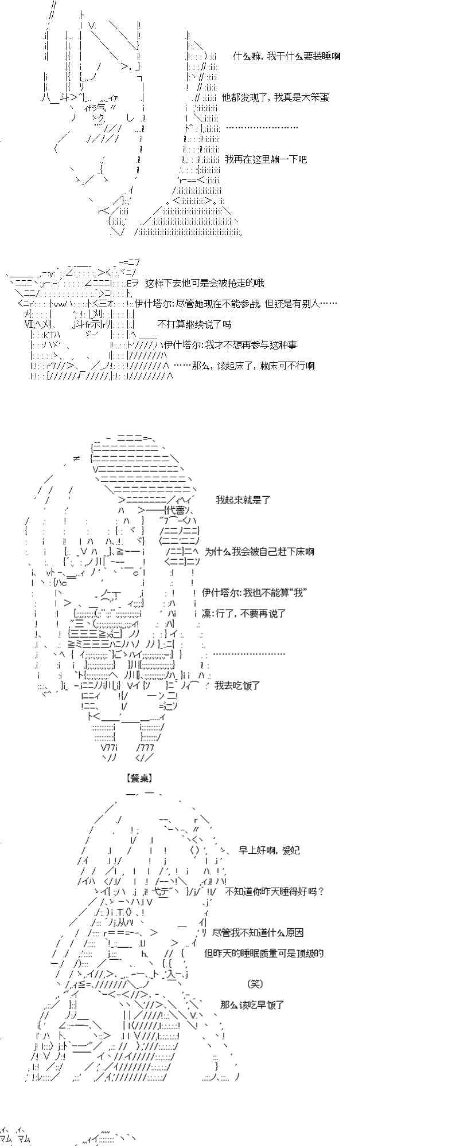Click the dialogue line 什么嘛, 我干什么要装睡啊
click(287, 56)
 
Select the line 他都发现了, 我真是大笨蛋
click(275, 97)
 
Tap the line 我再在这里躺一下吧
click(266, 159)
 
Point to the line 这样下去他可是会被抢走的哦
click(205, 283)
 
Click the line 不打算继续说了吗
click(194, 324)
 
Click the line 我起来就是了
click(243, 500)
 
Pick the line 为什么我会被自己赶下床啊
click(259, 552)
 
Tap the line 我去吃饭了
click(237, 685)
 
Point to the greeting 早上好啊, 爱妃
click(269, 850)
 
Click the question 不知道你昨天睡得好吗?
click(275, 892)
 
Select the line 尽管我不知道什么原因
click(258, 933)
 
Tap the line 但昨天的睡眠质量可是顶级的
click(264, 953)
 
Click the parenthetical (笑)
click(255, 984)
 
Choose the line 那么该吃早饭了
click(252, 1005)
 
